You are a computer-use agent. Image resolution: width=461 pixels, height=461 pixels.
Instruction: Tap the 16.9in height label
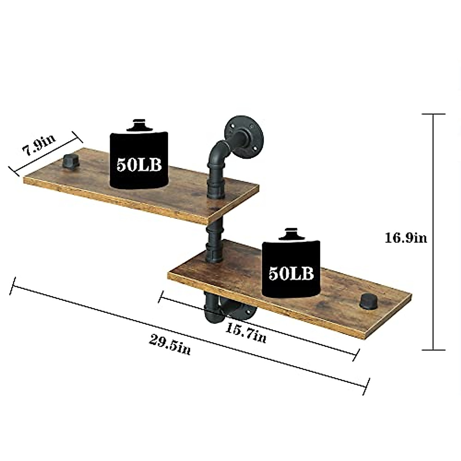click(x=406, y=238)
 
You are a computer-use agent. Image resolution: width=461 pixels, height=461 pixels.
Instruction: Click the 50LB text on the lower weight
click(x=291, y=273)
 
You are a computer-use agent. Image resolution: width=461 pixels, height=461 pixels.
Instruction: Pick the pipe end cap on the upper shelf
click(x=71, y=161)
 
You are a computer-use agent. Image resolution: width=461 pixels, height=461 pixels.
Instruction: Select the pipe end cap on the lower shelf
click(x=369, y=301)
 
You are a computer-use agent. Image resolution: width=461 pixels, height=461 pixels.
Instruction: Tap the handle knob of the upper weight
click(x=139, y=125)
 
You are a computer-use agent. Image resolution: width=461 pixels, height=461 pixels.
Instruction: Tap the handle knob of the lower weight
click(x=290, y=234)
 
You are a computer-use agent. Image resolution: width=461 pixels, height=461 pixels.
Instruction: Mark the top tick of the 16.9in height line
click(x=433, y=114)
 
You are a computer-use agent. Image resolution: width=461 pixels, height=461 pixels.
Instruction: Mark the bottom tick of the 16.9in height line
click(x=433, y=350)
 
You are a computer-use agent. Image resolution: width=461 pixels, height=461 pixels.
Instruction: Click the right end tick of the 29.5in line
click(x=366, y=386)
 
